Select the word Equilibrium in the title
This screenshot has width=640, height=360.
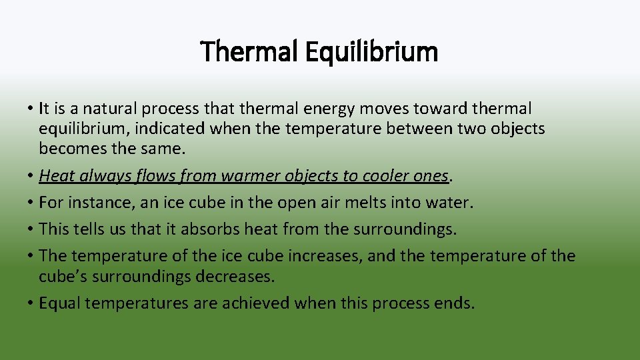(x=371, y=52)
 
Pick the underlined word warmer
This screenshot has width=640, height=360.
(x=248, y=175)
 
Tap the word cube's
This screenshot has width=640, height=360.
(x=63, y=276)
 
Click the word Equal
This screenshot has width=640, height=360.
(x=59, y=303)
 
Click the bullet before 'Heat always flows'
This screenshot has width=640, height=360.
(x=31, y=176)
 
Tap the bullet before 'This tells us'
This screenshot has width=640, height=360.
(x=31, y=229)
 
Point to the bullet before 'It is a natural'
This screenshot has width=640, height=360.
(x=31, y=109)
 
